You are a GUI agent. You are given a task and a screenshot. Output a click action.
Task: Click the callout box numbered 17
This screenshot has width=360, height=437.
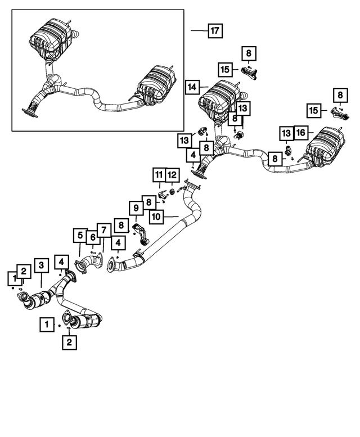(x=214, y=31)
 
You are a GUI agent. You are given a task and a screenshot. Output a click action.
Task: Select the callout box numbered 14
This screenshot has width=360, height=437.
(x=192, y=87)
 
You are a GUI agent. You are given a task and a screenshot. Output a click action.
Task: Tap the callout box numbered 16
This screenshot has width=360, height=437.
(x=300, y=132)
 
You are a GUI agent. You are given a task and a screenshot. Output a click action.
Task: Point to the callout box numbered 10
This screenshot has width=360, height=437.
(x=156, y=215)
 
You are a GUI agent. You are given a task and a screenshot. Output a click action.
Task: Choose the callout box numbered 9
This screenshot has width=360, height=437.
(x=136, y=209)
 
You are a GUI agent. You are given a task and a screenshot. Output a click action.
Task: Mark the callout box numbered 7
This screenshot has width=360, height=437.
(x=104, y=229)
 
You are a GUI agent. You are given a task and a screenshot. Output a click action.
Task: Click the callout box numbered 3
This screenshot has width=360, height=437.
(x=41, y=264)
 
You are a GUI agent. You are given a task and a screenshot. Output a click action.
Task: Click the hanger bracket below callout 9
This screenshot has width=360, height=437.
(x=142, y=235)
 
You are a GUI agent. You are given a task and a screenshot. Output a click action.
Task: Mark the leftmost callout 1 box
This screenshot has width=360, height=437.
(x=12, y=277)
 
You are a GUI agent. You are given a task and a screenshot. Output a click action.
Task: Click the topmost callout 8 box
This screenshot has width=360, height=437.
(x=248, y=54)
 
